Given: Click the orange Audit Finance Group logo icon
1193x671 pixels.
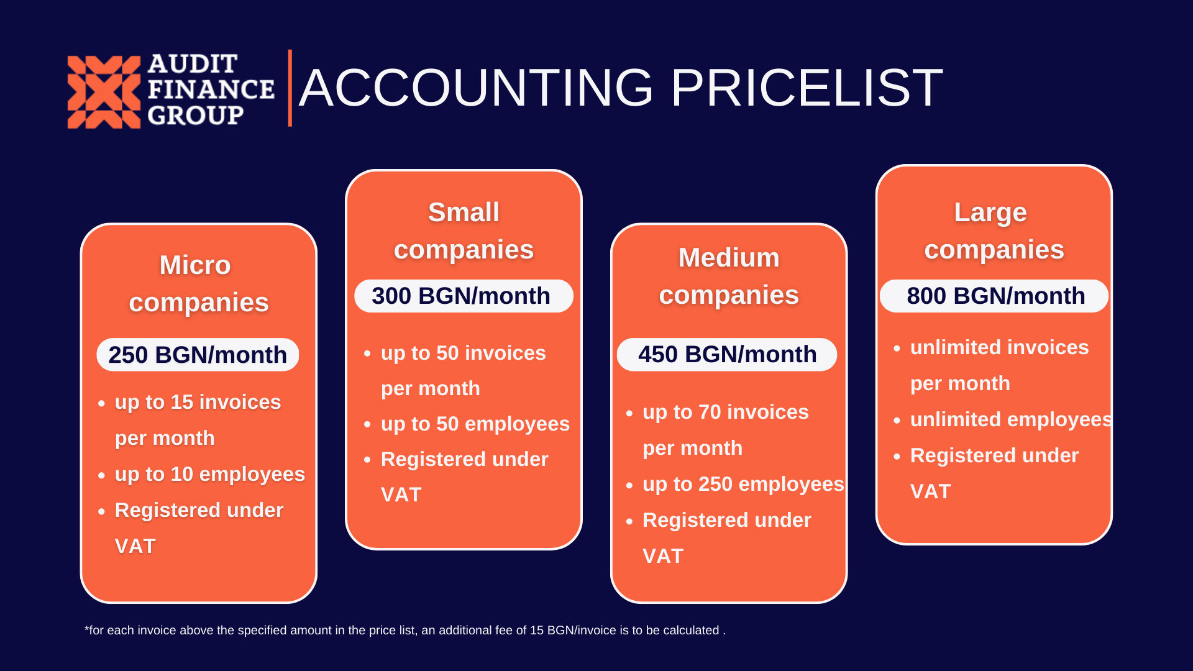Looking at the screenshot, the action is pos(104,92).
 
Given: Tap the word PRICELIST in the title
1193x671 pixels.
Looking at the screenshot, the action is pos(807,88).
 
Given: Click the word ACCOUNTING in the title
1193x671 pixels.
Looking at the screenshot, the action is pos(476,88).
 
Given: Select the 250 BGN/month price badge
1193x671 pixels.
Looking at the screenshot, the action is pos(198,355).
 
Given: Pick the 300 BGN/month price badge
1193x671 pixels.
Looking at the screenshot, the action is pos(464,296).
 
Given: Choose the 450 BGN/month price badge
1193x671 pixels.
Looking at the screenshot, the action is pos(727,354).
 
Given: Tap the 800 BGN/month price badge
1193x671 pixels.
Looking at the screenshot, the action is pos(994,296).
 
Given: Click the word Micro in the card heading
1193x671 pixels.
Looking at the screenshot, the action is pos(195,265).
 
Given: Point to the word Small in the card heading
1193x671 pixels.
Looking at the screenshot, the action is pos(464,212).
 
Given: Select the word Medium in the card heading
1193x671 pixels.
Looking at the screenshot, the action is pos(729,258).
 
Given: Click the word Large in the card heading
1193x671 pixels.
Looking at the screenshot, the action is pos(990,213).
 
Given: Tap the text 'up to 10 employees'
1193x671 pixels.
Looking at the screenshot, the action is pos(210,474).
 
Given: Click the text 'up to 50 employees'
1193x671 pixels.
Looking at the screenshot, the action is pos(475,424).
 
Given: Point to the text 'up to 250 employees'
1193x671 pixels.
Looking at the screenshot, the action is pos(743,484).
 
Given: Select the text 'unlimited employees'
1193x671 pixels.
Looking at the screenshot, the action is pos(1011,419).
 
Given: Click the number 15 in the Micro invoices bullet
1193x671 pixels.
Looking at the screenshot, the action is pos(182,402).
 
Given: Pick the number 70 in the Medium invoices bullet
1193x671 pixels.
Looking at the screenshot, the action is pos(710,412).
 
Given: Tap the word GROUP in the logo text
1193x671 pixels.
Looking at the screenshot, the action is pos(196,116).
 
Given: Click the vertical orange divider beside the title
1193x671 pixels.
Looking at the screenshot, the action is pos(290,88).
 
